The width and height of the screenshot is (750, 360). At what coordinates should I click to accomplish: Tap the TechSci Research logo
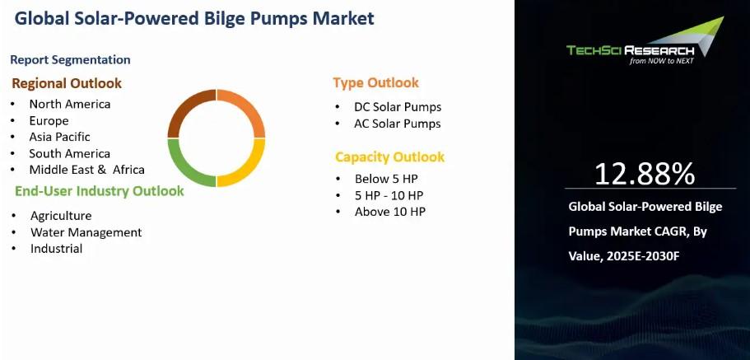645,40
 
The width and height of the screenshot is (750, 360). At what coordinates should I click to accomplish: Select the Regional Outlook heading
67,83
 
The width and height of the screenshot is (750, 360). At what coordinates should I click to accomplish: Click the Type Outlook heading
376,83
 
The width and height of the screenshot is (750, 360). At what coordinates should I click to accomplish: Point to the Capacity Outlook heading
390,157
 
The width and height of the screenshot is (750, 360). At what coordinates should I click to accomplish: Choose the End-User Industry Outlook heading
100,191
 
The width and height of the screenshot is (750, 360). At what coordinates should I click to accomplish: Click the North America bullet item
70,104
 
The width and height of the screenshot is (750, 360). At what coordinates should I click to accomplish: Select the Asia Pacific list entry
59,137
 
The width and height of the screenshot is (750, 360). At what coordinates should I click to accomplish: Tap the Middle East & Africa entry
86,170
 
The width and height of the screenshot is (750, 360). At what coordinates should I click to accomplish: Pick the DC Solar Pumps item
398,107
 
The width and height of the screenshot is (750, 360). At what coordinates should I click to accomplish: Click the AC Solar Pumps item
398,124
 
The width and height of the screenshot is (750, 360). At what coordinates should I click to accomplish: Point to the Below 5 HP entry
386,179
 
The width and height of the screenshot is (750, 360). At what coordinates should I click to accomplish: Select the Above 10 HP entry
390,212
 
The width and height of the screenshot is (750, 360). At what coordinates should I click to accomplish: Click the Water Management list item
86,232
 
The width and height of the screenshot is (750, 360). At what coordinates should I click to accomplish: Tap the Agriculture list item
61,216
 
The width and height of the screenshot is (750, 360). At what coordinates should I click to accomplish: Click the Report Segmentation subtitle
70,60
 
